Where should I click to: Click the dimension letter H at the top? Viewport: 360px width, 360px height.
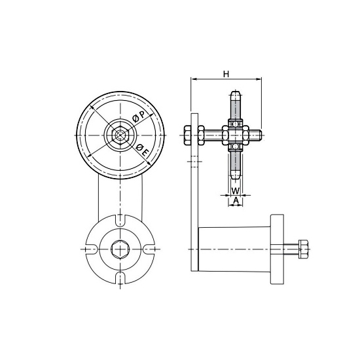(x=226, y=74)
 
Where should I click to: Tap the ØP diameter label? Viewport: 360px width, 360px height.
(x=139, y=115)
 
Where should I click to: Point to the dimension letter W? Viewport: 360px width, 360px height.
(x=235, y=192)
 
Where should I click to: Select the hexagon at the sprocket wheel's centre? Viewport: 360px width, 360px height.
(x=120, y=134)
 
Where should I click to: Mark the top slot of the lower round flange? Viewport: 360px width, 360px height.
(x=120, y=222)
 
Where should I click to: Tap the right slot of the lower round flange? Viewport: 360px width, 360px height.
(x=149, y=249)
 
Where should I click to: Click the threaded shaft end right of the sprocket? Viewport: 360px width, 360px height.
(x=257, y=136)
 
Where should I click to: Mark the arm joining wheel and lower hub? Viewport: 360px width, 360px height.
(x=120, y=196)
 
